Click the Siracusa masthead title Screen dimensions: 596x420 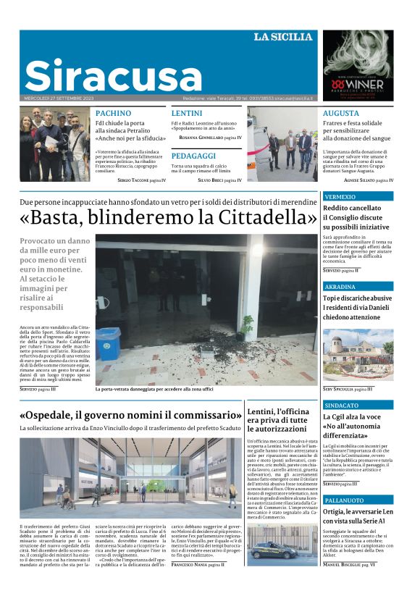coord(113,75)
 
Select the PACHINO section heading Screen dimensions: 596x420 coord(114,114)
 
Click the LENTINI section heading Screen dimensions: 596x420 coord(187,114)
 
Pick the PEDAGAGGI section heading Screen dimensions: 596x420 coord(193,156)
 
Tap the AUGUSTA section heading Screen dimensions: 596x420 coord(340,114)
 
